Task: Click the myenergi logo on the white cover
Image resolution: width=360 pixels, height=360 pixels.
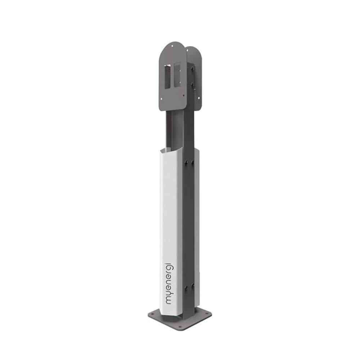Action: [170, 283]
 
